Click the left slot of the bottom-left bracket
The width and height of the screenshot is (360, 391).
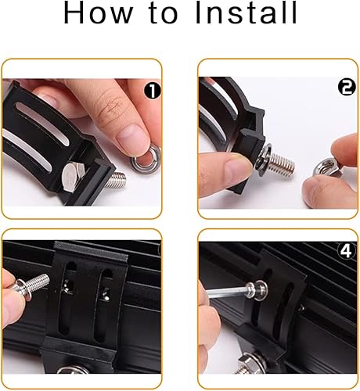pyautogui.click(x=69, y=301)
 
